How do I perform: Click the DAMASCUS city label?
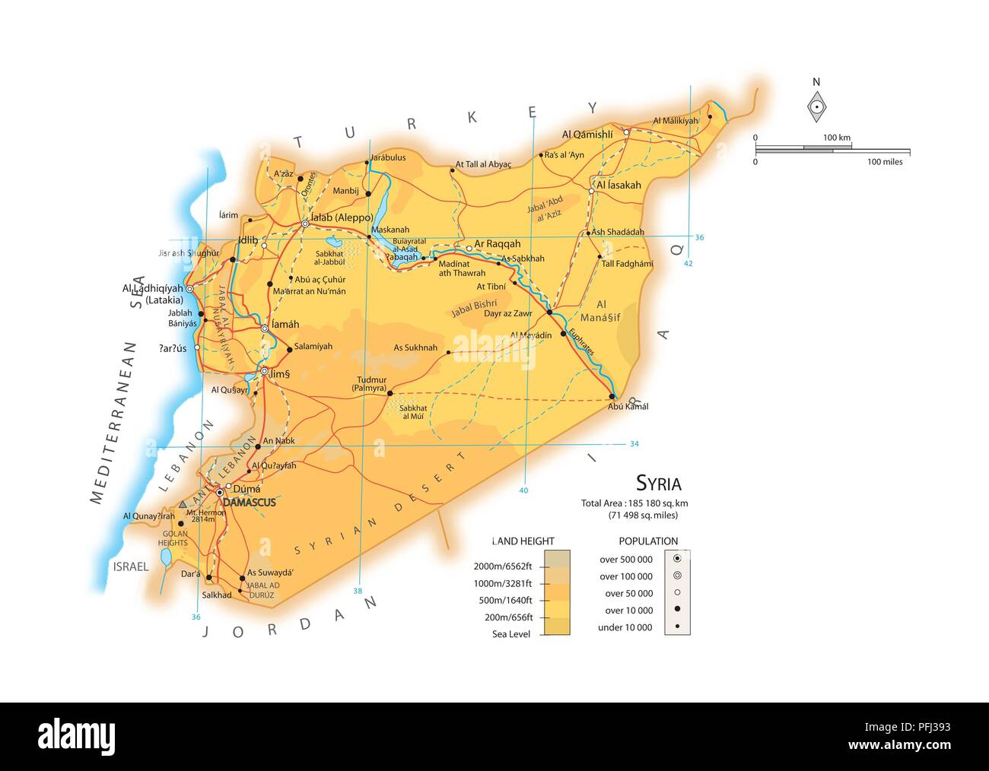click(250, 503)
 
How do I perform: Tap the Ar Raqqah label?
click(497, 244)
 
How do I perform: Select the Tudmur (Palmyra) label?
click(371, 384)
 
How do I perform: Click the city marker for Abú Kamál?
click(612, 396)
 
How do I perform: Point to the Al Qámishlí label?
click(587, 135)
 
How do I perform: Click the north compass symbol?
click(816, 107)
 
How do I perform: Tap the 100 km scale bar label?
click(837, 138)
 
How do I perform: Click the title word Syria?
click(658, 483)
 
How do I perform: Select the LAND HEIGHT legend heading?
click(523, 541)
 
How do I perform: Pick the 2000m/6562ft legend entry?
click(503, 566)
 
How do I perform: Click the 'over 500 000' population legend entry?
click(625, 559)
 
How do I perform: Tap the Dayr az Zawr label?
click(508, 313)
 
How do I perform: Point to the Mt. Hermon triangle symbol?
click(183, 504)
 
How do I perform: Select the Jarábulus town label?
click(388, 157)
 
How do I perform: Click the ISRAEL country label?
click(132, 566)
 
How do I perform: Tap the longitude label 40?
click(523, 490)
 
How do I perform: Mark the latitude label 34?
click(634, 444)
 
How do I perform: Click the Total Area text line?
click(634, 503)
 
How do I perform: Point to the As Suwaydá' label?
click(270, 573)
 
